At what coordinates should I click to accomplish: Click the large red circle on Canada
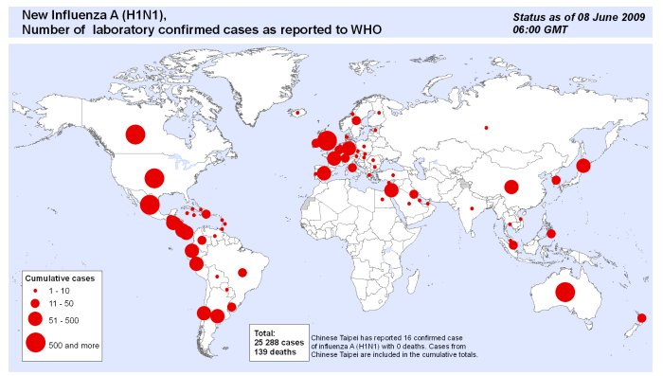pyautogui.click(x=135, y=134)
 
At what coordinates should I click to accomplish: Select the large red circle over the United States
pyautogui.click(x=153, y=177)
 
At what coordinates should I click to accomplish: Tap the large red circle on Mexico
pyautogui.click(x=150, y=204)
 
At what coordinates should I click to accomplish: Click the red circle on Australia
pyautogui.click(x=565, y=292)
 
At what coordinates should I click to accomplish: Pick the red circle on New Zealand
pyautogui.click(x=641, y=317)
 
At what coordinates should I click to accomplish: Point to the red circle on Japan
pyautogui.click(x=583, y=166)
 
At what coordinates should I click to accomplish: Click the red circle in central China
pyautogui.click(x=511, y=187)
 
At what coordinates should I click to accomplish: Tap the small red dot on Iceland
pyautogui.click(x=297, y=113)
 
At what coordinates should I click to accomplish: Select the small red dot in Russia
pyautogui.click(x=487, y=128)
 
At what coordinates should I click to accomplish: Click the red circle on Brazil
pyautogui.click(x=242, y=273)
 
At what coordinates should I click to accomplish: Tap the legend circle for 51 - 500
pyautogui.click(x=35, y=320)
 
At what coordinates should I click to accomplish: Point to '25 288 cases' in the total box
pyautogui.click(x=279, y=343)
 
